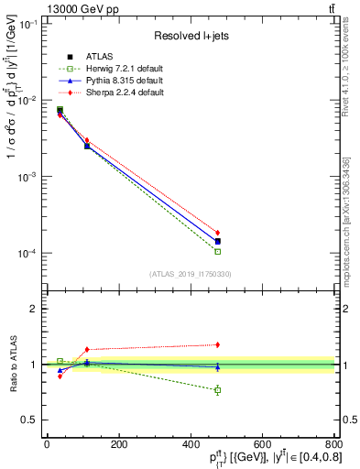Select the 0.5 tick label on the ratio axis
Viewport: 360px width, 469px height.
32,420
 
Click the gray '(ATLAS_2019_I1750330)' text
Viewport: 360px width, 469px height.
191,274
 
